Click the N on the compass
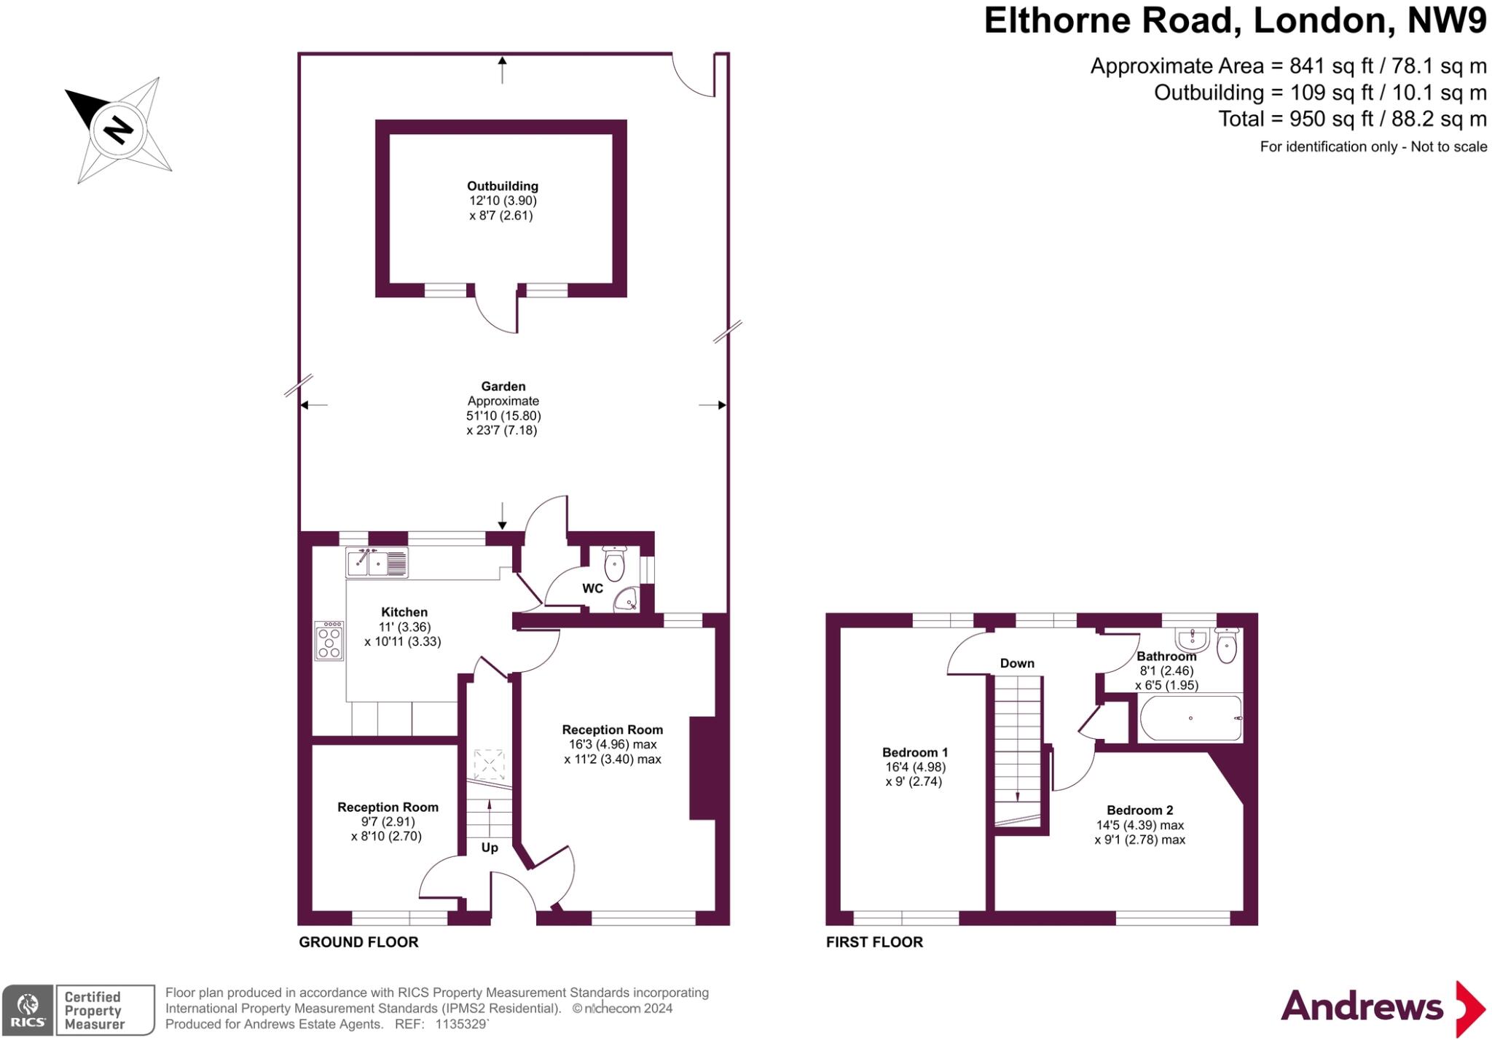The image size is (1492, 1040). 119,130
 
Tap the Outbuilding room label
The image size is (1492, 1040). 502,186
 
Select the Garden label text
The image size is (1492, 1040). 503,386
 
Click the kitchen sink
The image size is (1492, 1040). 377,563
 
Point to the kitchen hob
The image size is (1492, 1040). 329,641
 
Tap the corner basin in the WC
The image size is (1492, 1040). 625,601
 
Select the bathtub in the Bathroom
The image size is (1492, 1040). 1190,718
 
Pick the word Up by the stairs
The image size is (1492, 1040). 490,848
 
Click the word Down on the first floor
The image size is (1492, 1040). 1017,663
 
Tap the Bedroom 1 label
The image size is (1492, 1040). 915,752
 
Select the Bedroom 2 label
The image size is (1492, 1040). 1139,810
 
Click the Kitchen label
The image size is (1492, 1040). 404,612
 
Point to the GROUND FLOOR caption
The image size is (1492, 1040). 358,942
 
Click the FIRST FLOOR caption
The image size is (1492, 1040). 874,942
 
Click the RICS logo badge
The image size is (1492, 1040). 28,1009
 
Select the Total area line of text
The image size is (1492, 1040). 1352,119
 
